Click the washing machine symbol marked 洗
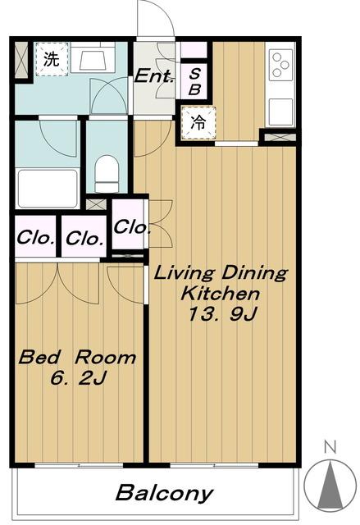(52, 59)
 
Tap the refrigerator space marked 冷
(198, 123)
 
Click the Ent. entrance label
(154, 76)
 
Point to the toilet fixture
(107, 174)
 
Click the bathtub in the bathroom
(48, 189)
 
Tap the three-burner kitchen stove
(280, 65)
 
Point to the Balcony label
(164, 493)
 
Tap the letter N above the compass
(330, 447)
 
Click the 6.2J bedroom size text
(78, 379)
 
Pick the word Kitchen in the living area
(220, 294)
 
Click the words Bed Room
(77, 358)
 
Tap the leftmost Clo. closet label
(35, 238)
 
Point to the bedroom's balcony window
(79, 465)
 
